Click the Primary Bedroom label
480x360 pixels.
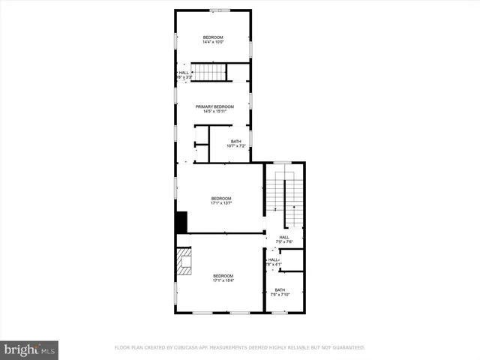point(213,107)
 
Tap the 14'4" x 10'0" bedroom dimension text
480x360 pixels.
point(213,42)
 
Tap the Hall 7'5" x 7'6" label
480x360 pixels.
point(284,239)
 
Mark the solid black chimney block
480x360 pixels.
point(181,223)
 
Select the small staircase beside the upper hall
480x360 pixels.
point(212,73)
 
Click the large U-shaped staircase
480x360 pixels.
point(285,199)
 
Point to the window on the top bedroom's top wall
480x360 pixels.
point(220,10)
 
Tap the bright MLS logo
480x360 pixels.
point(30,349)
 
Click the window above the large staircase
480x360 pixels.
point(282,162)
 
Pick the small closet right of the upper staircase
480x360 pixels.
point(238,72)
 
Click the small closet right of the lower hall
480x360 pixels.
point(295,260)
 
